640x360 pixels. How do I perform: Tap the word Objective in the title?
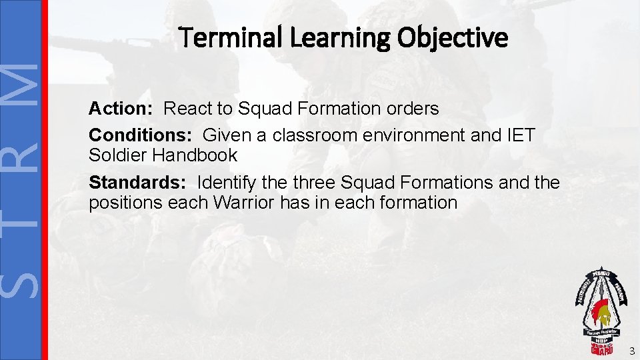pyautogui.click(x=453, y=38)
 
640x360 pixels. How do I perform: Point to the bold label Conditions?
pyautogui.click(x=141, y=135)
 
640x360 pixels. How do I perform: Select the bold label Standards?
pyautogui.click(x=137, y=183)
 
